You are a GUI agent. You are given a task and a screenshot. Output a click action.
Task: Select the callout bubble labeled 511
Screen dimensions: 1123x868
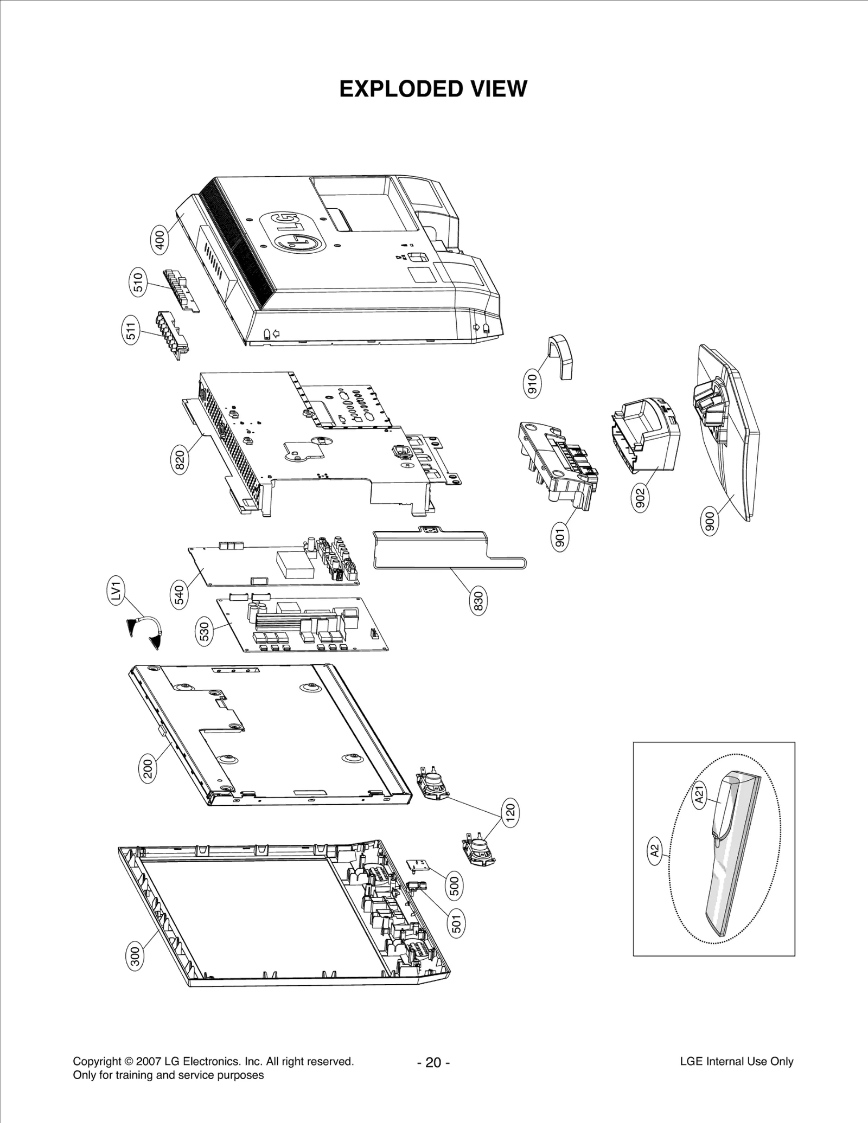131,330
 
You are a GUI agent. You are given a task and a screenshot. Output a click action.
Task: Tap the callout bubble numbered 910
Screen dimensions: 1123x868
532,384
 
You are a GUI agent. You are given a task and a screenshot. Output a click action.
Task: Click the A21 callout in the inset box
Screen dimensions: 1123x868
700,795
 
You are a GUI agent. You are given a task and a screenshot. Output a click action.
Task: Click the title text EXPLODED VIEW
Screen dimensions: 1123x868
433,89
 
